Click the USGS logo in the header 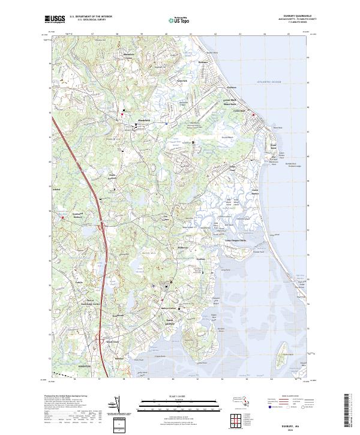[x=55, y=19]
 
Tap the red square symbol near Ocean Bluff [x=254, y=114]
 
